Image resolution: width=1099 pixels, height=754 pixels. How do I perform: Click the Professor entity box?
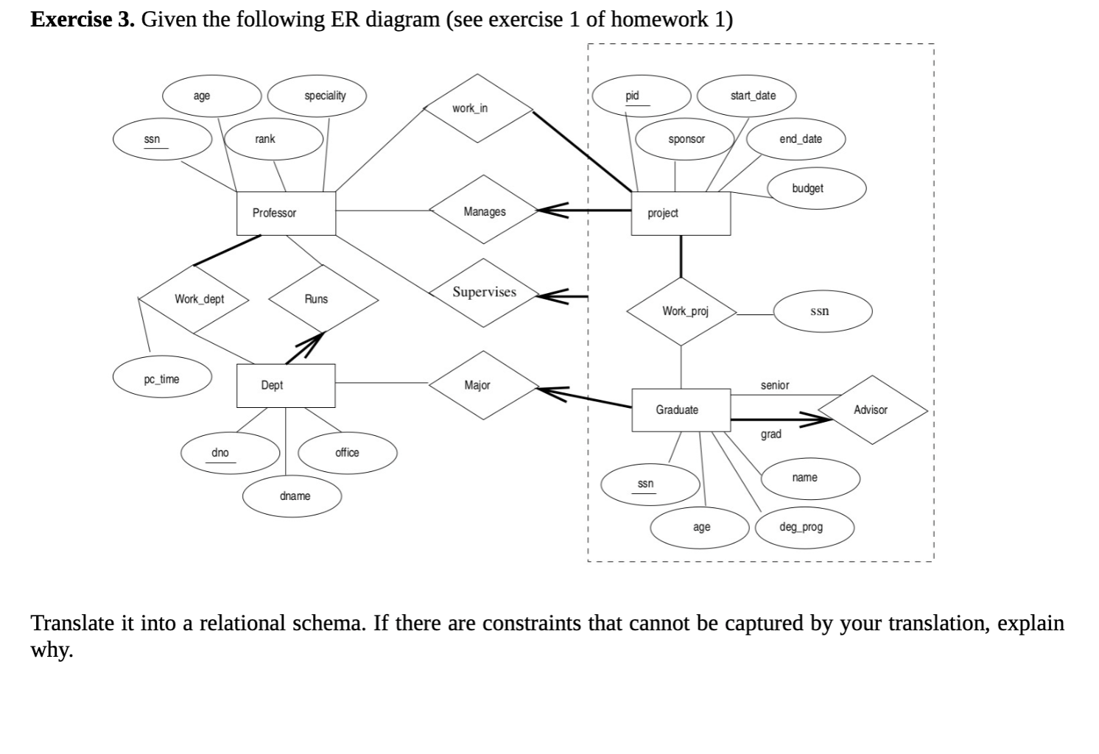[x=286, y=214]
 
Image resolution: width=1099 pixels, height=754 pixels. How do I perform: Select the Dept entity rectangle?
[x=286, y=386]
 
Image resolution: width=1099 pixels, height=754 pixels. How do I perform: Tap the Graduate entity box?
[x=681, y=410]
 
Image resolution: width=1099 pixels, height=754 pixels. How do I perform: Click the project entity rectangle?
[x=681, y=214]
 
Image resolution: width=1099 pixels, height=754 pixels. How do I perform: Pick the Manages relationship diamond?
[x=484, y=209]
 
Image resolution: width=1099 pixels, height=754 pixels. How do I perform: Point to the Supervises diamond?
[x=484, y=293]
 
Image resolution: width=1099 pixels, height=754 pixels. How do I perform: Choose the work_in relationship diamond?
[x=478, y=108]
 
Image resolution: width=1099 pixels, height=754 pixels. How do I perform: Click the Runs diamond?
[x=323, y=299]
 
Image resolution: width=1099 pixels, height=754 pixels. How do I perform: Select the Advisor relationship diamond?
[x=872, y=409]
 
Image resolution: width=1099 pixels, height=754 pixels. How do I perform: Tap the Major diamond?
[x=484, y=385]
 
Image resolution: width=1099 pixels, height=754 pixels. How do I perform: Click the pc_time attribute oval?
[x=162, y=377]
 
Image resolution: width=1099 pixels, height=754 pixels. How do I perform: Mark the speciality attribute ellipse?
[x=317, y=96]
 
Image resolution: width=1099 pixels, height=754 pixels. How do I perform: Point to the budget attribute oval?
[x=817, y=188]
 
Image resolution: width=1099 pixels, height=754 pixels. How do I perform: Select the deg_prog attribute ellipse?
[x=804, y=528]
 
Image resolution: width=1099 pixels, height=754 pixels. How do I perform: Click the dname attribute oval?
[x=292, y=496]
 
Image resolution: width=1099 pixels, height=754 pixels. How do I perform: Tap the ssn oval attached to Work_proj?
[x=823, y=311]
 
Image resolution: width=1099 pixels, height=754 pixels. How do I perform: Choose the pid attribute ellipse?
[x=642, y=96]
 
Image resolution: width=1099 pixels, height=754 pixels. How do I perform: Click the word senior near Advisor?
[x=775, y=385]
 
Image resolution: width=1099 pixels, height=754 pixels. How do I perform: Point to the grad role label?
[x=770, y=434]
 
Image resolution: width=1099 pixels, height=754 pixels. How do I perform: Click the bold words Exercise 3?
[x=82, y=20]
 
